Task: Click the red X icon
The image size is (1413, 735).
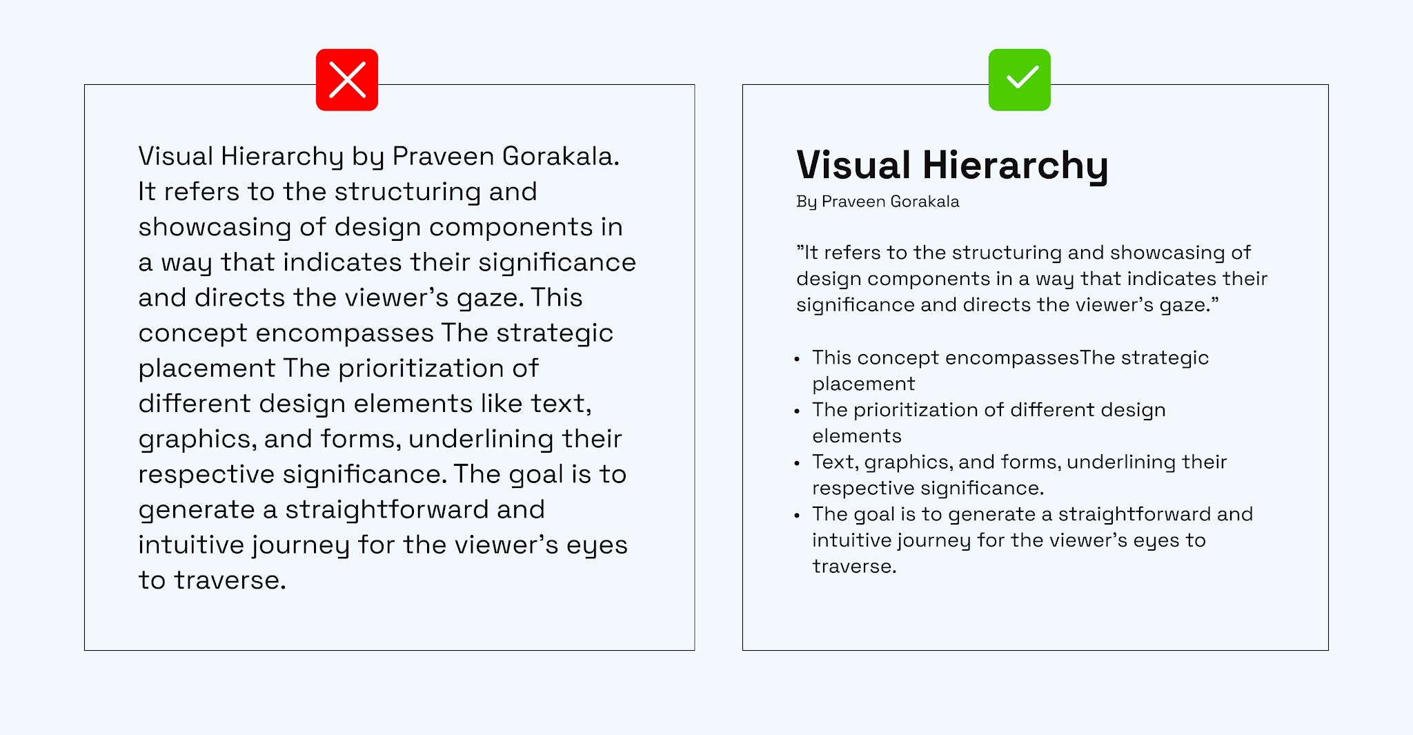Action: click(347, 79)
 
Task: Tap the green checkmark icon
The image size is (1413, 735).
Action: click(1019, 79)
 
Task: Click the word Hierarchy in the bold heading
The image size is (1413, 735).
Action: click(1016, 166)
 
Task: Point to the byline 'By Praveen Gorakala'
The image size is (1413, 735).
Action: click(878, 202)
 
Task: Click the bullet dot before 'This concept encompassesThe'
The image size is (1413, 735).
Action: click(797, 359)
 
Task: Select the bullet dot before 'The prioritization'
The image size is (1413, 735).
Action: click(797, 411)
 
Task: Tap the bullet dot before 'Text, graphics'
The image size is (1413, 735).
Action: click(797, 463)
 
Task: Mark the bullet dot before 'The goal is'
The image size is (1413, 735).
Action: click(797, 516)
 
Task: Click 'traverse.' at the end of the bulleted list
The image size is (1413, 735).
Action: click(854, 567)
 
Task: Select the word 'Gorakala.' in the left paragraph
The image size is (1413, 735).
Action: click(560, 156)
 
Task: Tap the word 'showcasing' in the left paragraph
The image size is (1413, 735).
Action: click(215, 228)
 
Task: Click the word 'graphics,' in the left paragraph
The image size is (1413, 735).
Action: click(197, 440)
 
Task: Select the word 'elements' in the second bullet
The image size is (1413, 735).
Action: click(857, 436)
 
